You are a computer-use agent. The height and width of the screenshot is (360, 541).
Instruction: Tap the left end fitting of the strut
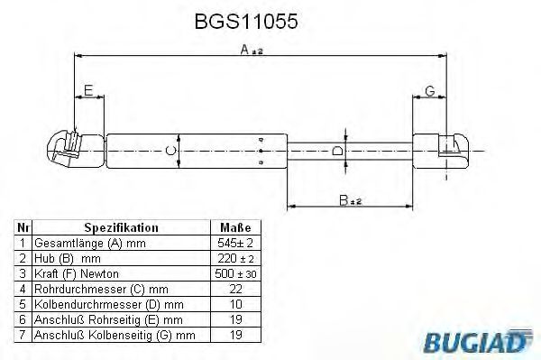tap(67, 149)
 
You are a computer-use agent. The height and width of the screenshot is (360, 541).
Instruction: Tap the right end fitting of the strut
tap(448, 149)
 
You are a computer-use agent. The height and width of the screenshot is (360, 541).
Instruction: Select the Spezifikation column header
tap(121, 228)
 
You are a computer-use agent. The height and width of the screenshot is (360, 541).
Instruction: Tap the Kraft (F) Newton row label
tap(76, 272)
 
